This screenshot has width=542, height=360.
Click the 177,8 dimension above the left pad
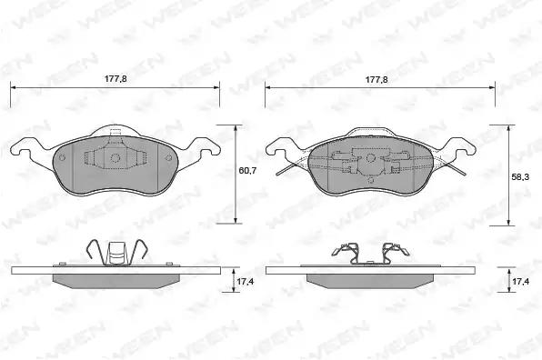tap(115, 79)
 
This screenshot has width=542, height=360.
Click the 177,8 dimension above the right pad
tap(376, 79)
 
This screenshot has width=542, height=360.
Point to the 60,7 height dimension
tap(247, 170)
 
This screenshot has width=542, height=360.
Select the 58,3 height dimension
tap(519, 177)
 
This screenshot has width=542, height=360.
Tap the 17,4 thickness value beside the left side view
tap(245, 282)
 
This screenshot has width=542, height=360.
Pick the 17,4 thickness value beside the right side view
tap(520, 282)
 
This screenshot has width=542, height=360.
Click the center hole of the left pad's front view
tap(115, 158)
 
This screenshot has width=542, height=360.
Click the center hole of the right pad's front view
tap(370, 158)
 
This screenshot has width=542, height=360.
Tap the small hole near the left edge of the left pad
tap(62, 157)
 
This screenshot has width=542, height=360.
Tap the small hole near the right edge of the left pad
tap(168, 158)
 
